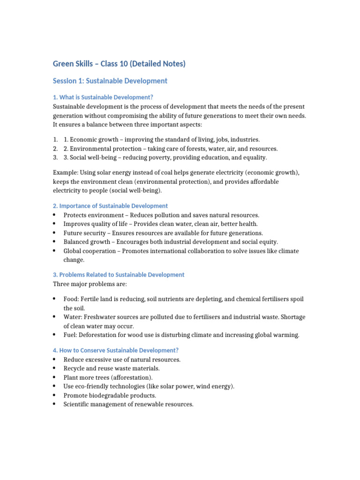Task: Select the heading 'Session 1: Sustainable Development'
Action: [x=110, y=81]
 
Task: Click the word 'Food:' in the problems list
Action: [x=72, y=299]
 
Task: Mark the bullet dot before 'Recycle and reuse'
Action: [x=55, y=368]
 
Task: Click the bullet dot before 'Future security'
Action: [x=55, y=233]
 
